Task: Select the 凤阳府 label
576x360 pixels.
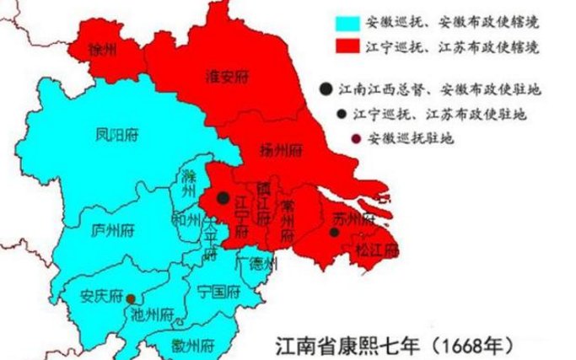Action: [116, 133]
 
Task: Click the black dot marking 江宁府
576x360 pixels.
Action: [222, 197]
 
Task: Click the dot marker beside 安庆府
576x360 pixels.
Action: [131, 298]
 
